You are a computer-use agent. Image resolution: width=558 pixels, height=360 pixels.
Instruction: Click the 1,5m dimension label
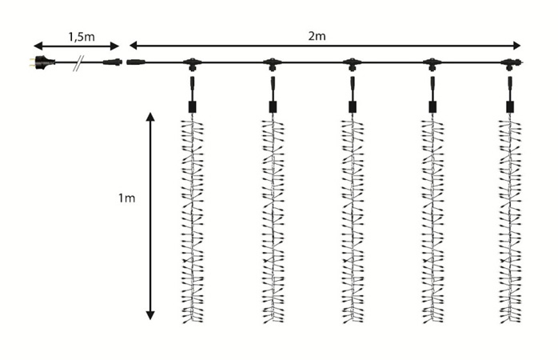(77, 34)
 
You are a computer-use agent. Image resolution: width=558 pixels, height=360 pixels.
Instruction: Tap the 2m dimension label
(317, 35)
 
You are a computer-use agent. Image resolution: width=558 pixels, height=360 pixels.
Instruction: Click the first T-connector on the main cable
(192, 62)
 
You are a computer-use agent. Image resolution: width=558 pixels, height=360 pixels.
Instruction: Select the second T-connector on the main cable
(272, 62)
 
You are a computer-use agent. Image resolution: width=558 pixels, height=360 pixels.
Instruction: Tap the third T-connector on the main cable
(351, 62)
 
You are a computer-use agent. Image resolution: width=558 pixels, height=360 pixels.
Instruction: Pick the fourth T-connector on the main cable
(432, 62)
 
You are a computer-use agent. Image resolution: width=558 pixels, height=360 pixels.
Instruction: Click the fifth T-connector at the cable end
(509, 62)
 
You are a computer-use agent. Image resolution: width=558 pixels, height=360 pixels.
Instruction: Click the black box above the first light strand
(192, 106)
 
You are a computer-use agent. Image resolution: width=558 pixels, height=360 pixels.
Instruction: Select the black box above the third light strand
(351, 106)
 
